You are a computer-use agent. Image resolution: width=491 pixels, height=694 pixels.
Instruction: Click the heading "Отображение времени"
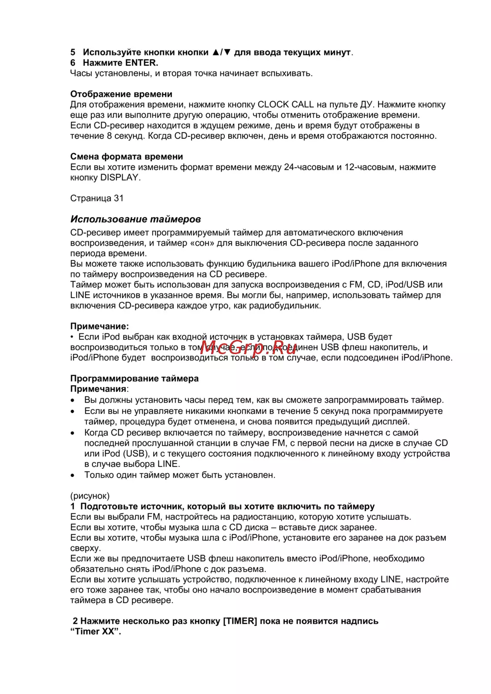(121, 94)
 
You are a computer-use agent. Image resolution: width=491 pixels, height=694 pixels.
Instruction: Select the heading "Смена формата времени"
(126, 157)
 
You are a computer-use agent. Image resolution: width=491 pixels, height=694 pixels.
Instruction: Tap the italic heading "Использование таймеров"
(135, 219)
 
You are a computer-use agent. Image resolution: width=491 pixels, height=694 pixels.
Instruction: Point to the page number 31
(119, 199)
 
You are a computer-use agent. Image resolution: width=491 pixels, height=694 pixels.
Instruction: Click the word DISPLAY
(120, 178)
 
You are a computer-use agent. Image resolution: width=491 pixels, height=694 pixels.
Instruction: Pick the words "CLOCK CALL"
(286, 104)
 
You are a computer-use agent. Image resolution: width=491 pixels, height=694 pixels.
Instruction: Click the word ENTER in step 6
(141, 63)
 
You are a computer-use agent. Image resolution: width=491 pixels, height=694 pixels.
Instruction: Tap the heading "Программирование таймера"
(134, 379)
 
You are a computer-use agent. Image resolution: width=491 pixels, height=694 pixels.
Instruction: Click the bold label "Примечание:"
(99, 327)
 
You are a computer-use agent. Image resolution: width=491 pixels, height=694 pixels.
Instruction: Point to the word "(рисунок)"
(90, 496)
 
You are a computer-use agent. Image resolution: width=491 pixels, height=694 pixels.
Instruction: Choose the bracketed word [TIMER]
(240, 621)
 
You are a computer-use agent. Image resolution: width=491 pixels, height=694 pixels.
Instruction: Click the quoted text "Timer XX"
(95, 632)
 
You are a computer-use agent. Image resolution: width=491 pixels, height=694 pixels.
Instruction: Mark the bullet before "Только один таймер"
(73, 475)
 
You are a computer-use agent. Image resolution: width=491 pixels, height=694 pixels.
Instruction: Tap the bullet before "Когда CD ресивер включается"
(73, 433)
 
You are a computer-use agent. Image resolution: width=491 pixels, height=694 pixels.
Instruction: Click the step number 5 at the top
(73, 52)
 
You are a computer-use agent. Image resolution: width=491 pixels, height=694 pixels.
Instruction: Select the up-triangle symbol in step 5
(216, 52)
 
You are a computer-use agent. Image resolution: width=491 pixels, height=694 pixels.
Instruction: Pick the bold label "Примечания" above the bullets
(98, 389)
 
